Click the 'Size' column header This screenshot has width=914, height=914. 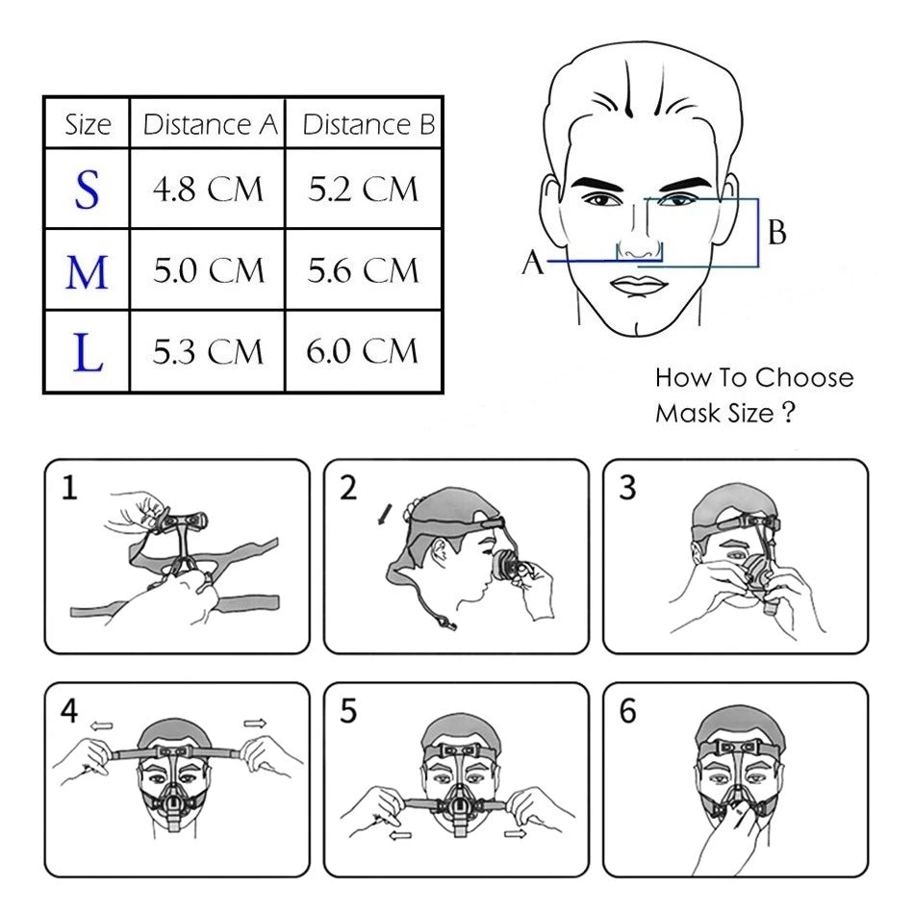click(88, 124)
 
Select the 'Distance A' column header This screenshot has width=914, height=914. click(209, 124)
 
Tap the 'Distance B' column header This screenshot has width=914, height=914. click(367, 124)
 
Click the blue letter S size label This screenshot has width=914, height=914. click(87, 190)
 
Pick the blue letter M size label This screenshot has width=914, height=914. click(87, 272)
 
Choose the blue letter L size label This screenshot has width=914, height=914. click(88, 352)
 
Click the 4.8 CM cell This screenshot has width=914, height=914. click(208, 190)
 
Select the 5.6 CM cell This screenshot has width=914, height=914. click(364, 272)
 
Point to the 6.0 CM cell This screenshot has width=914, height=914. click(364, 352)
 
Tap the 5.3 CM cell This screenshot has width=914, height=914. click(208, 352)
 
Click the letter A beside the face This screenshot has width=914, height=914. click(533, 262)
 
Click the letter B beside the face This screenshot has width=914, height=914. click(777, 232)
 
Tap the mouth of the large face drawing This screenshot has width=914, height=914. click(637, 285)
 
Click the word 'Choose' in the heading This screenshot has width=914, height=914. click(803, 377)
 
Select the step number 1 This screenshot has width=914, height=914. click(69, 489)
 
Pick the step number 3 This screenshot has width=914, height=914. click(627, 489)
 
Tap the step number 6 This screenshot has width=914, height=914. click(627, 713)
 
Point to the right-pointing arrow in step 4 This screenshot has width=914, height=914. click(255, 721)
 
